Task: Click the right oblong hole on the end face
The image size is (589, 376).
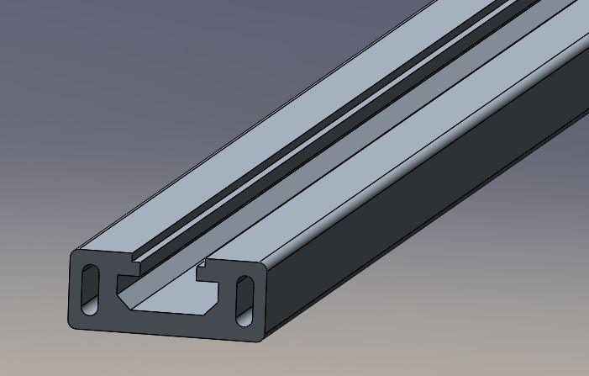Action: (244, 300)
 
